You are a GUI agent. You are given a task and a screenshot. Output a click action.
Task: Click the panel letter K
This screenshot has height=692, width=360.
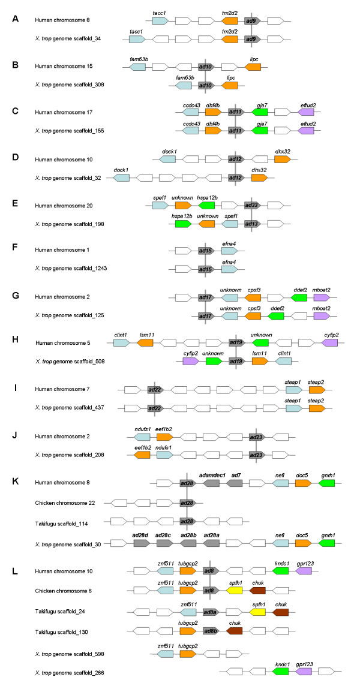(16, 482)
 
